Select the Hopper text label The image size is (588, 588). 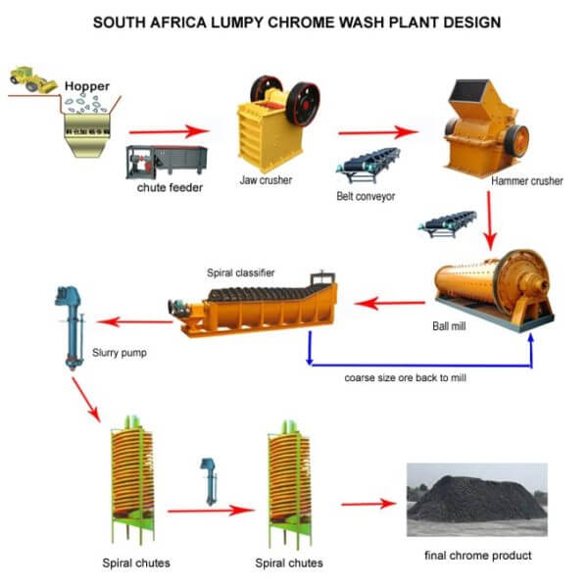86,86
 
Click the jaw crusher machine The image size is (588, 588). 279,122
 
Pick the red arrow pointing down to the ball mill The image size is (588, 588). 492,220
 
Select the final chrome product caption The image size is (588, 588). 477,556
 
